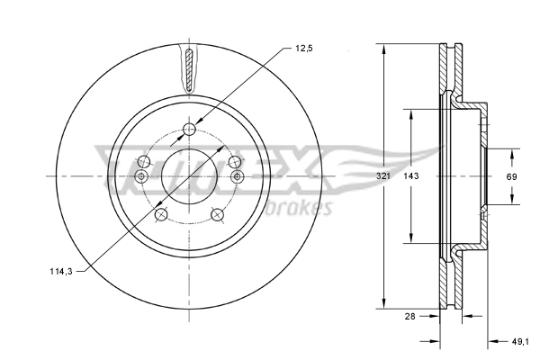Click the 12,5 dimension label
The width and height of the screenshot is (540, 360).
coord(304,49)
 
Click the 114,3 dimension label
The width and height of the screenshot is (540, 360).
coord(61,272)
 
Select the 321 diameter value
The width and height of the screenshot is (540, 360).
coord(383,176)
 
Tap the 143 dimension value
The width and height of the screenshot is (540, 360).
coord(411,176)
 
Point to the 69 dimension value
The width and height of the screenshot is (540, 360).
coord(512,176)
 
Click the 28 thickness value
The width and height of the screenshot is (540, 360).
coord(410,316)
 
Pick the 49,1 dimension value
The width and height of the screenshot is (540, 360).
coord(520,341)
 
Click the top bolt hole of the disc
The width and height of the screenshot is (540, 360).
coord(189,130)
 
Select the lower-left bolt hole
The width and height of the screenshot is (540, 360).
coord(161,215)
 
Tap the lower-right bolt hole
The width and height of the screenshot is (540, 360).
coord(217,215)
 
